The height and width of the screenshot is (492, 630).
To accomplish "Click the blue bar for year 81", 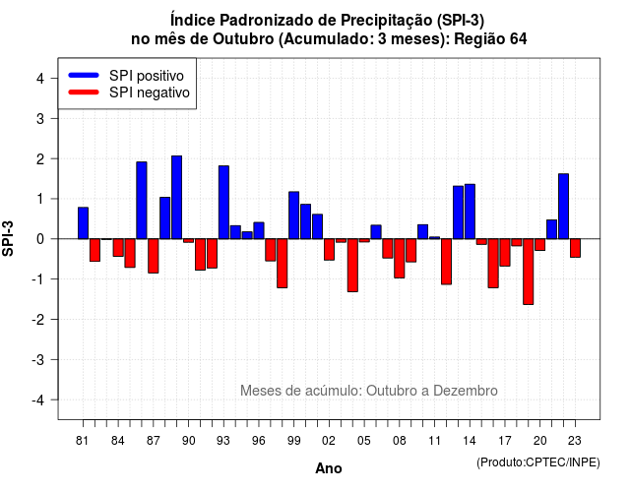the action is [x=83, y=223].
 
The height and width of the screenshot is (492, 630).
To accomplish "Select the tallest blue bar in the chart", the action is [x=177, y=197].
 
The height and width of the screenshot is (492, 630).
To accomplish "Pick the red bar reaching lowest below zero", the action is [x=529, y=272].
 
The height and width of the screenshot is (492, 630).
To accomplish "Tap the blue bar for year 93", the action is [x=223, y=203].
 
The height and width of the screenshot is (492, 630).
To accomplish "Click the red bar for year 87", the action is [x=154, y=256].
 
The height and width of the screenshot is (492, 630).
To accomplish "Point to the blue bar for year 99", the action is [x=294, y=215].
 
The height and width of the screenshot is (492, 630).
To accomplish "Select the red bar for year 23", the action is [x=575, y=248].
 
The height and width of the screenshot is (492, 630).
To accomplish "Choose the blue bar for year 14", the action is [x=470, y=212].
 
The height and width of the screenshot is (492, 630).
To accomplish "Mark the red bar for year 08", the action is [x=400, y=258].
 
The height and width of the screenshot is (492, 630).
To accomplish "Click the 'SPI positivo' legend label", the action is [x=147, y=76].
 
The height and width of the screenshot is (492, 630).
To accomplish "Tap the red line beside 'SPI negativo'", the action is [x=84, y=92].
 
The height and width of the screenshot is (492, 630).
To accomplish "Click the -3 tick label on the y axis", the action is [x=37, y=359].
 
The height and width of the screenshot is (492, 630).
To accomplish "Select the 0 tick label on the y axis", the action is [x=39, y=239].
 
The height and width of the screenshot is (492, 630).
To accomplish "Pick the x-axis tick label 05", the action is [x=364, y=441].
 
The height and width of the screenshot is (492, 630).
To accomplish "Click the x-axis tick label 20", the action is [x=540, y=441].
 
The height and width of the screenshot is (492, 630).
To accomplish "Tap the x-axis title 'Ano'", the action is [x=329, y=468].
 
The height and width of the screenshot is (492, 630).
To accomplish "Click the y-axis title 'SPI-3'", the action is [x=8, y=238].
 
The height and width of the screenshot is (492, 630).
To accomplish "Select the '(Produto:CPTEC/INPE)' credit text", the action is [x=538, y=462].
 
